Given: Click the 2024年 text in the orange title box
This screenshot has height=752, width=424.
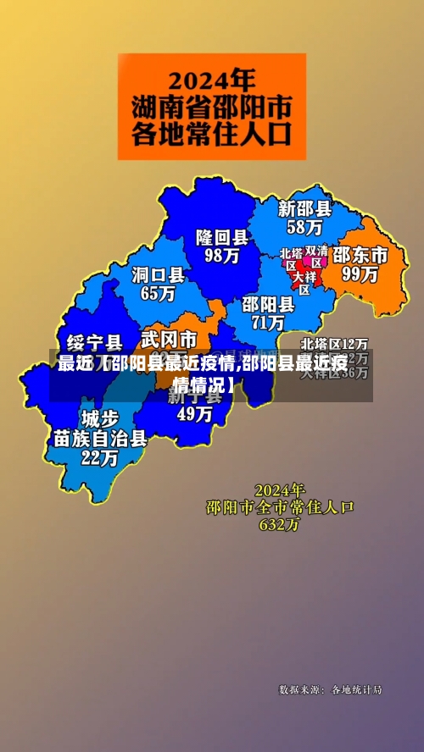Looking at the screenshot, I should pyautogui.click(x=212, y=80).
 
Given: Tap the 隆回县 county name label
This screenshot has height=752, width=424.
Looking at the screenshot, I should pyautogui.click(x=222, y=236).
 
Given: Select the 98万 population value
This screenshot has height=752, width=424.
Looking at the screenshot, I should pyautogui.click(x=222, y=255).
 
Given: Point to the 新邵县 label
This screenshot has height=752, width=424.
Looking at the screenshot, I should pyautogui.click(x=305, y=207).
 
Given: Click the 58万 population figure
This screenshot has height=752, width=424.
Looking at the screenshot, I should pyautogui.click(x=304, y=227).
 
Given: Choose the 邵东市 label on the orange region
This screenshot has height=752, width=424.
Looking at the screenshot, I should pyautogui.click(x=360, y=255).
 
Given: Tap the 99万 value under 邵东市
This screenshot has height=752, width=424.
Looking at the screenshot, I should pyautogui.click(x=360, y=274).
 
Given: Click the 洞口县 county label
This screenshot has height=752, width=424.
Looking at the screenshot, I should pyautogui.click(x=158, y=274).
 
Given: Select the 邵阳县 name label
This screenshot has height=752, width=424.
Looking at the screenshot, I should pyautogui.click(x=268, y=303).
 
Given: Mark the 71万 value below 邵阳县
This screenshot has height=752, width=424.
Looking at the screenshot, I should pyautogui.click(x=268, y=323).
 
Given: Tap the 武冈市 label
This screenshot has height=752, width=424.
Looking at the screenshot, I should pyautogui.click(x=169, y=340).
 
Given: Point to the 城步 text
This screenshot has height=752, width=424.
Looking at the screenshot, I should pyautogui.click(x=100, y=418).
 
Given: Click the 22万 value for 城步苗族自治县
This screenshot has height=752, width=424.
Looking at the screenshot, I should pyautogui.click(x=100, y=459).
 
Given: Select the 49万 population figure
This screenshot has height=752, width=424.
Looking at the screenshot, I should pyautogui.click(x=194, y=414).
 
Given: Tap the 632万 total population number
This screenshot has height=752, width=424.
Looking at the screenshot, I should pyautogui.click(x=280, y=524).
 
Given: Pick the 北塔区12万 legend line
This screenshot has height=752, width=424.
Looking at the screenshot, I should pyautogui.click(x=336, y=344).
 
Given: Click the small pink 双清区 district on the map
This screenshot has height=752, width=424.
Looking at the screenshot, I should pyautogui.click(x=316, y=257).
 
